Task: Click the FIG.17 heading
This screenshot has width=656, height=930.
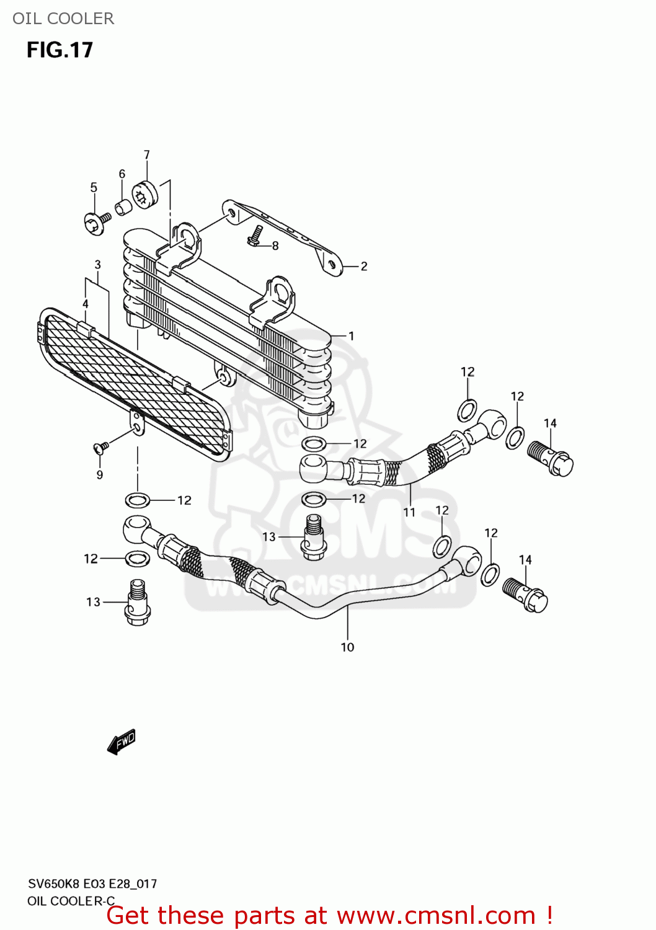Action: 60,50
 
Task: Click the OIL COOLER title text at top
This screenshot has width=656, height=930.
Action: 63,19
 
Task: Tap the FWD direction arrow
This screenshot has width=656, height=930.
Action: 122,742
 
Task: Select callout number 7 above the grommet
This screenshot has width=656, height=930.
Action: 147,155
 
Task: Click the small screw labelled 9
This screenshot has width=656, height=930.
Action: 101,446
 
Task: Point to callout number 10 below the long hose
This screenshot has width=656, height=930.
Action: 347,647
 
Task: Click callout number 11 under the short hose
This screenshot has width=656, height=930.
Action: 409,512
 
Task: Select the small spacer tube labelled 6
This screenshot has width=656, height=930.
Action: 123,206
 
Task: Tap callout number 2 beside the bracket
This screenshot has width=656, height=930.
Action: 364,266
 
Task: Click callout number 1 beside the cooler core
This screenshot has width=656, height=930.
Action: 351,336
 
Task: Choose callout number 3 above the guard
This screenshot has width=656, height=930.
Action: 97,265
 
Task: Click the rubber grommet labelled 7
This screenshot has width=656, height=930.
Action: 145,195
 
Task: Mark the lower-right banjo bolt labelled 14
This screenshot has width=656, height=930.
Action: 525,595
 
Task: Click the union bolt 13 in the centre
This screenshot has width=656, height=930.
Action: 314,537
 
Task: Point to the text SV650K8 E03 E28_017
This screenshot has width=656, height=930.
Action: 92,883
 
